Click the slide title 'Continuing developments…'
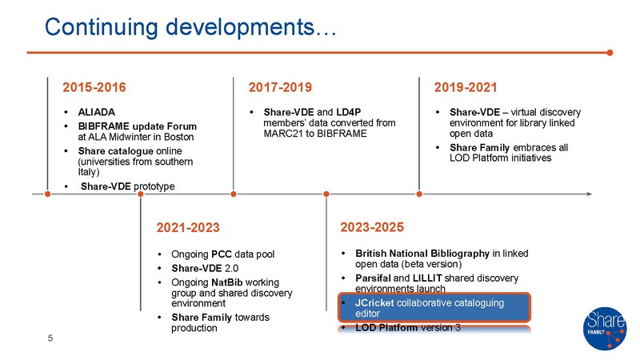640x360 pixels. (x=192, y=26)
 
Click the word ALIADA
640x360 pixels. (x=96, y=111)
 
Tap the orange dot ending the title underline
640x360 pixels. (x=610, y=53)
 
